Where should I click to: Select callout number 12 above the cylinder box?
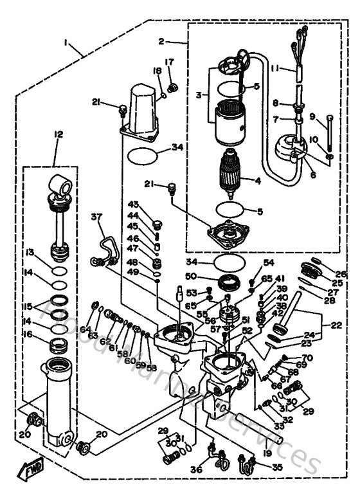pos(59,134)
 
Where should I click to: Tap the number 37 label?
pos(97,217)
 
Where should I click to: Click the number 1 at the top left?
pos(66,42)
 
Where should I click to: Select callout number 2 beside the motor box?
pos(162,41)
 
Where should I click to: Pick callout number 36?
pos(195,468)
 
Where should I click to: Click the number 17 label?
pos(170,62)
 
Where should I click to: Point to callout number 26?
pos(341,274)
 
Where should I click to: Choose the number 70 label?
pos(307,358)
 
